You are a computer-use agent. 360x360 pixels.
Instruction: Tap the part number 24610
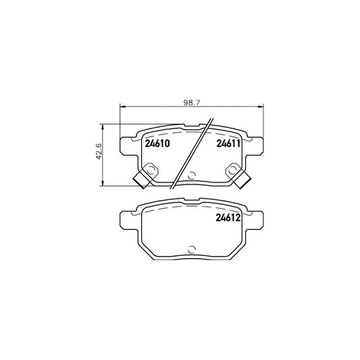(x=157, y=143)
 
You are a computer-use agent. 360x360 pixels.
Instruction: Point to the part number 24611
(x=228, y=143)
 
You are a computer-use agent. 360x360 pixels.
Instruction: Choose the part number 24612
(x=228, y=217)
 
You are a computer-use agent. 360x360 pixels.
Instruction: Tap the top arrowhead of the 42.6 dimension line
(x=103, y=126)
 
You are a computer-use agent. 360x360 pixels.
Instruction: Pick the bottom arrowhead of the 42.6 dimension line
(x=103, y=184)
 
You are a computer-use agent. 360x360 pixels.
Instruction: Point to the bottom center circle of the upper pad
(x=192, y=177)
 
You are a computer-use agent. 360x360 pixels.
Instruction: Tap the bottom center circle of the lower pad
(x=192, y=250)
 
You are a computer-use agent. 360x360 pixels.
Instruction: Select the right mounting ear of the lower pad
(x=257, y=220)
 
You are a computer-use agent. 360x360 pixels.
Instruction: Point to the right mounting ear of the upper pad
(x=257, y=145)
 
